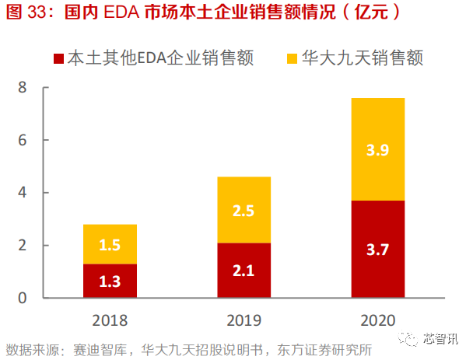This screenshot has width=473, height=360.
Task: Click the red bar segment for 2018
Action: click(x=110, y=281)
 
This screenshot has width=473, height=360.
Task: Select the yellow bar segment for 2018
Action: click(x=110, y=244)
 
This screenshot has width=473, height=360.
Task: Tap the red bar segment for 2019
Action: click(x=244, y=270)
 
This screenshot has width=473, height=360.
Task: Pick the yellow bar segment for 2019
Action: click(x=244, y=210)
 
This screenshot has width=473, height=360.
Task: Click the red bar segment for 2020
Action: click(x=378, y=249)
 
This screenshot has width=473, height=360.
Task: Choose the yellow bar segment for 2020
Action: click(x=378, y=149)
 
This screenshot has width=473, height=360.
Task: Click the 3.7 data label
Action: click(x=378, y=250)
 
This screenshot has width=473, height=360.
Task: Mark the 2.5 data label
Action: click(x=244, y=211)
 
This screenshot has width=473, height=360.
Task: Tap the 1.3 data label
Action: click(x=110, y=281)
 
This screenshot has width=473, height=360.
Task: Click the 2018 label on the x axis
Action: click(x=110, y=319)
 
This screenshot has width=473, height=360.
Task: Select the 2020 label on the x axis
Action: click(x=378, y=319)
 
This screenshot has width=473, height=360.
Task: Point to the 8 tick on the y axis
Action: click(x=23, y=88)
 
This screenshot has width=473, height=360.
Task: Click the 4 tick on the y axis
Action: click(x=23, y=193)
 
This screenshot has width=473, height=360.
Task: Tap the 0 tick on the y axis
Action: click(x=23, y=298)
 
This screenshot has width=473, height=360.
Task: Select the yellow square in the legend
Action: click(x=292, y=58)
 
